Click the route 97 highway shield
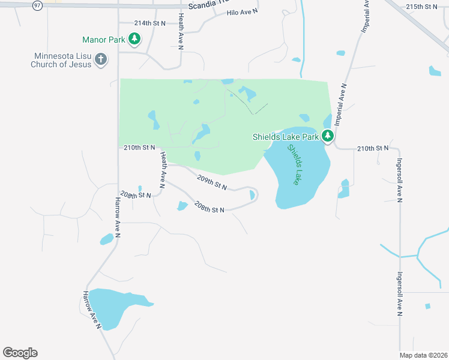(37, 5)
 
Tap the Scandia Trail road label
(206, 6)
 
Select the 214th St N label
(149, 23)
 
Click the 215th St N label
(421, 7)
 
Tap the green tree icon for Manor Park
(134, 40)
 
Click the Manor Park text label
(103, 40)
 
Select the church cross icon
(101, 60)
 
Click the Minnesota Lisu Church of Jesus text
(62, 60)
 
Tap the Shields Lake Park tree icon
(328, 136)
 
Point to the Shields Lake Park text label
(285, 137)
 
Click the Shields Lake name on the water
(294, 164)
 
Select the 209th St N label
(212, 181)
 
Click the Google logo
(20, 353)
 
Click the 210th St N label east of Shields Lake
(373, 148)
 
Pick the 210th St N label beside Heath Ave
(139, 147)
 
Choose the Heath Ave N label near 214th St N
(181, 28)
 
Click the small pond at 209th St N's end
(252, 195)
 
